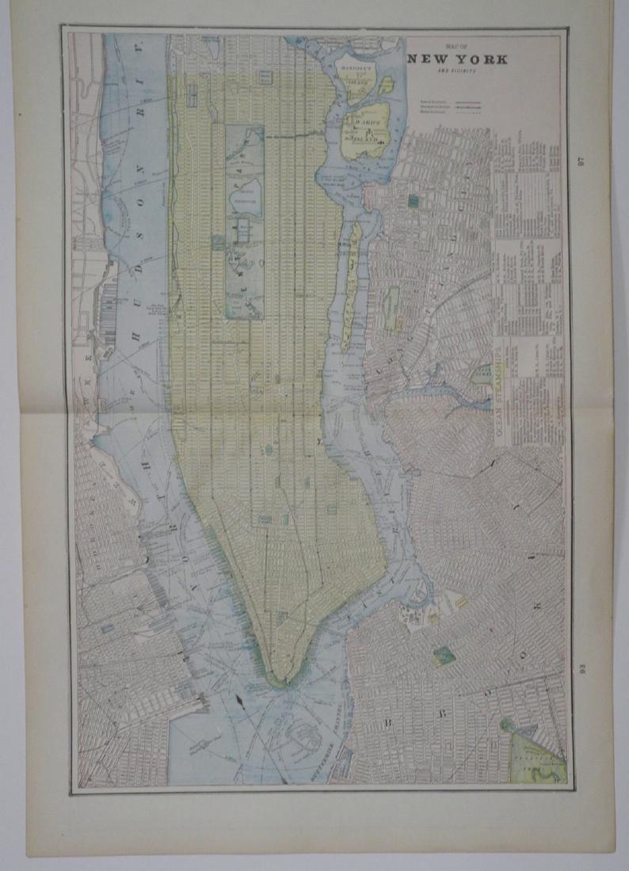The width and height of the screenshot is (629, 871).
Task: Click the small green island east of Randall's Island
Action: pyautogui.click(x=386, y=85)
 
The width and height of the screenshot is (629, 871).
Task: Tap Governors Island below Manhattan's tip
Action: pyautogui.click(x=304, y=736)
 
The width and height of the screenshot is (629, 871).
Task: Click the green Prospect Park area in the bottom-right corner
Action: pyautogui.click(x=537, y=756)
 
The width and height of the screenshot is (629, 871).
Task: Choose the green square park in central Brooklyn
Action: pyautogui.click(x=444, y=656)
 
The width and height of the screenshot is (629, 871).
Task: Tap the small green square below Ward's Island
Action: pyautogui.click(x=413, y=201)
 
